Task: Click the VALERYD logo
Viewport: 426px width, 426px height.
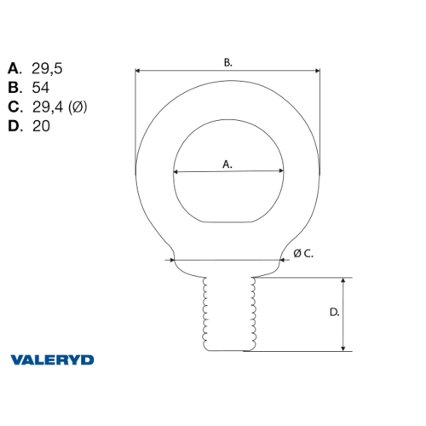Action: click(x=52, y=360)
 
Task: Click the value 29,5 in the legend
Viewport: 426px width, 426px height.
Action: click(x=48, y=67)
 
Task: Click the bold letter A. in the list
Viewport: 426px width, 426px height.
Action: click(x=14, y=67)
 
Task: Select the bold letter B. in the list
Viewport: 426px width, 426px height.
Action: click(x=14, y=87)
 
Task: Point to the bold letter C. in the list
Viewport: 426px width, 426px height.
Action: click(x=14, y=106)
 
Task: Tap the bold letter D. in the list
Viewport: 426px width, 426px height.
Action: click(x=14, y=126)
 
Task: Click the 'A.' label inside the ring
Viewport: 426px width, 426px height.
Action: click(x=227, y=164)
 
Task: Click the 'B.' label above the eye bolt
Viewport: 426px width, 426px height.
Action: click(x=227, y=62)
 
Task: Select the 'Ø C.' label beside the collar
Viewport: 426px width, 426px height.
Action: click(x=302, y=253)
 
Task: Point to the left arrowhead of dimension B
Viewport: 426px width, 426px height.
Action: click(x=138, y=72)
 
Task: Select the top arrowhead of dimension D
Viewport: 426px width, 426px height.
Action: click(x=343, y=280)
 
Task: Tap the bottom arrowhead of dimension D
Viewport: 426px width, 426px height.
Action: click(x=343, y=348)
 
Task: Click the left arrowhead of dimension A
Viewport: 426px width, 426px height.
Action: click(x=176, y=173)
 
